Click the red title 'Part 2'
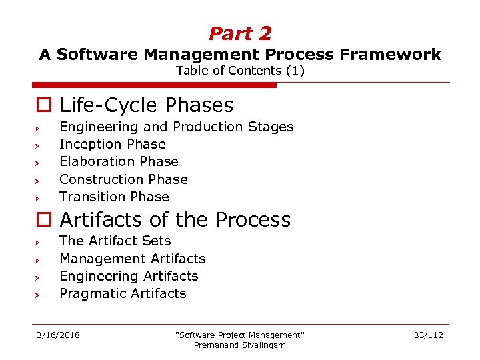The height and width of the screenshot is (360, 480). click(x=240, y=33)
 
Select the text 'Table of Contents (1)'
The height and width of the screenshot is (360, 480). click(x=240, y=71)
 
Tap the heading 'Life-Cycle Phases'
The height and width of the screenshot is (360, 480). click(x=146, y=105)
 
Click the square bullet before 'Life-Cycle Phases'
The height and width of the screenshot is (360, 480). click(x=43, y=106)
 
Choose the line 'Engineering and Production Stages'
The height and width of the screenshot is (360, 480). click(x=176, y=127)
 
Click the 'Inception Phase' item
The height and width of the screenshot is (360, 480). click(x=112, y=144)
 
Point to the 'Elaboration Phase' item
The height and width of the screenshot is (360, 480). click(x=119, y=161)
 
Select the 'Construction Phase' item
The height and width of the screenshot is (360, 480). click(x=123, y=179)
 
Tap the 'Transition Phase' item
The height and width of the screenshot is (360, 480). click(x=114, y=197)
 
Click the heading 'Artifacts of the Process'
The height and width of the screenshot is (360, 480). click(x=175, y=220)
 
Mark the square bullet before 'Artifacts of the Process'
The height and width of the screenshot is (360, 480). click(x=43, y=221)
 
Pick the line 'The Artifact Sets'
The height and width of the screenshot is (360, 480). click(x=115, y=241)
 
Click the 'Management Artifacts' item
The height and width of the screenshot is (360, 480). click(x=132, y=259)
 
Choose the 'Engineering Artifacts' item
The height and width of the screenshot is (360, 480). click(x=129, y=276)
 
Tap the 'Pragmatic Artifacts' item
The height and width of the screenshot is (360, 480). click(x=123, y=293)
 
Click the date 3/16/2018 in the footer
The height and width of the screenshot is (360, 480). click(x=58, y=335)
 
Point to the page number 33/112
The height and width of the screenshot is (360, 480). click(x=427, y=335)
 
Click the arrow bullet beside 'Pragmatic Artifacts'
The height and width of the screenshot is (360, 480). click(x=39, y=294)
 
